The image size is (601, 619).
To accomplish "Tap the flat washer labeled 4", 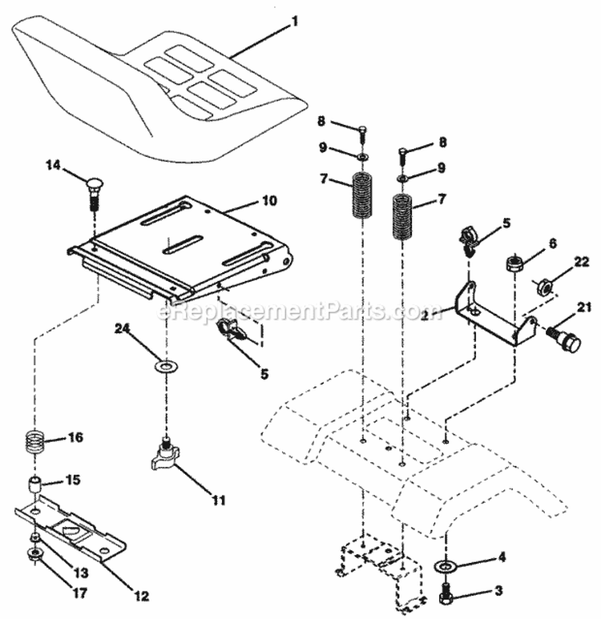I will coord(445,568).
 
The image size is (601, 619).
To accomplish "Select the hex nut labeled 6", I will coord(514,263).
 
